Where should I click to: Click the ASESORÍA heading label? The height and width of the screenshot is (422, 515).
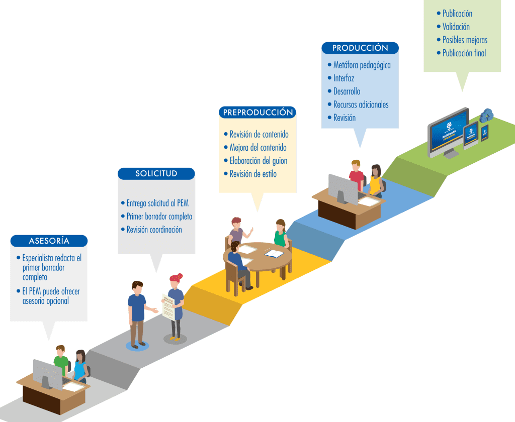click(x=49, y=241)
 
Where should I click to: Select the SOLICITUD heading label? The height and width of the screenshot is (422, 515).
click(x=156, y=174)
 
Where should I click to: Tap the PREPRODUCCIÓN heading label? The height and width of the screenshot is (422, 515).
click(x=257, y=112)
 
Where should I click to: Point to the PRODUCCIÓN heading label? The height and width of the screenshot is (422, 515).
click(x=360, y=48)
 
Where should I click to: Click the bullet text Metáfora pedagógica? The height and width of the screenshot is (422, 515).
click(x=362, y=65)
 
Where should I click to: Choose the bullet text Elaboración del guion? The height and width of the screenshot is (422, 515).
click(x=259, y=161)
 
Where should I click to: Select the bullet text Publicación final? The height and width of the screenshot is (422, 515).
click(x=464, y=53)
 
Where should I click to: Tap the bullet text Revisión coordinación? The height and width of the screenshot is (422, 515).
click(x=154, y=230)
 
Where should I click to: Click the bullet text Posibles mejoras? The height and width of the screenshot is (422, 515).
click(x=465, y=40)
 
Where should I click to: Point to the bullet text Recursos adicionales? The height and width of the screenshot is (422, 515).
click(x=361, y=104)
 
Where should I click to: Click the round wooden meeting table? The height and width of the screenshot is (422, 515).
click(x=257, y=256)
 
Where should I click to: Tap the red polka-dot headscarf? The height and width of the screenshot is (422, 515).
click(x=176, y=277)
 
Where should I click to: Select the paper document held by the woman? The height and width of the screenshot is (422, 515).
click(x=168, y=307)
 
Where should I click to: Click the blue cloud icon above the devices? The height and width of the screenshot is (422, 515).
click(x=486, y=116)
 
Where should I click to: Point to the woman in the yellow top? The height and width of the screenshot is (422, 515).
click(x=375, y=180)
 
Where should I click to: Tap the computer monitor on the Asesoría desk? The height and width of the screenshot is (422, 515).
click(x=47, y=373)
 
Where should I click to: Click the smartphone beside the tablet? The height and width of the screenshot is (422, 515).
click(x=485, y=132)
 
